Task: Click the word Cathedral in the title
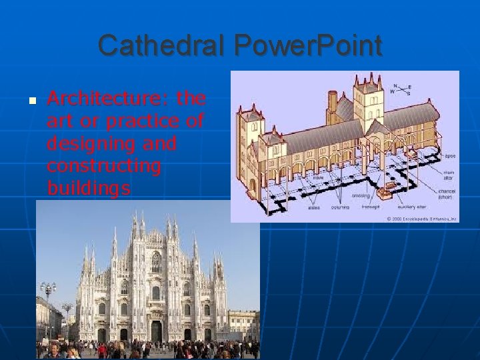click(x=163, y=46)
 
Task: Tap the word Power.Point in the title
click(x=309, y=46)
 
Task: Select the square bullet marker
click(x=31, y=101)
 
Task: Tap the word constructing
click(x=104, y=166)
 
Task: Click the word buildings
click(x=89, y=188)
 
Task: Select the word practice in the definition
click(x=144, y=122)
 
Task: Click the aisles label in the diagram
click(x=313, y=207)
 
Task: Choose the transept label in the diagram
click(x=370, y=207)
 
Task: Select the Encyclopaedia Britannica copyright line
click(x=422, y=218)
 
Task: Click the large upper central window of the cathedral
click(x=156, y=262)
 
